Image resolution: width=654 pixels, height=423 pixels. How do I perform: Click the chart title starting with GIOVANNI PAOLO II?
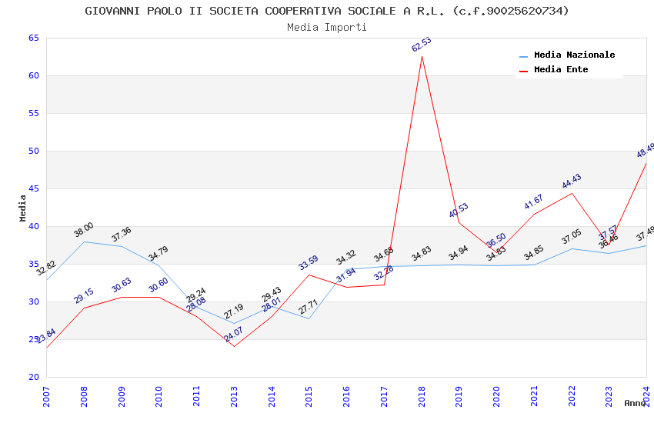click(x=327, y=11)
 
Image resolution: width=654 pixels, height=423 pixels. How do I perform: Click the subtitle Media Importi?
click(x=327, y=28)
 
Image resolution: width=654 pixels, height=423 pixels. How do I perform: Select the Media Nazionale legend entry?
click(x=574, y=55)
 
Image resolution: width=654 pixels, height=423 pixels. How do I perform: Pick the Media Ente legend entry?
click(x=561, y=70)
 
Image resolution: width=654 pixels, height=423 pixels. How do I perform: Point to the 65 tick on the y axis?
click(x=33, y=38)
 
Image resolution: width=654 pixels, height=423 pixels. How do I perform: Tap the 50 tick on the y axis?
click(x=33, y=152)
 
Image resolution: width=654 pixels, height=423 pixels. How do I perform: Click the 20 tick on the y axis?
click(x=33, y=377)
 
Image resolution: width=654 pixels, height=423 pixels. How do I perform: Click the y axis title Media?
click(x=23, y=208)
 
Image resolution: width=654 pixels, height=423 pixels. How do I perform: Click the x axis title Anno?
click(x=635, y=403)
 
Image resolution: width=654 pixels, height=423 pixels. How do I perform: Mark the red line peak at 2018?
click(x=422, y=56)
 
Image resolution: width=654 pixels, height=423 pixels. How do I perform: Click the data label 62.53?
click(x=421, y=45)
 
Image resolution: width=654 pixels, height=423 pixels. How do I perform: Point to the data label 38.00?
click(x=83, y=229)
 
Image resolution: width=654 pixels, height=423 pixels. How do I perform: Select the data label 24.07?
click(x=233, y=335)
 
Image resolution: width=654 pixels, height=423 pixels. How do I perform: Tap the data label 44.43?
click(x=572, y=182)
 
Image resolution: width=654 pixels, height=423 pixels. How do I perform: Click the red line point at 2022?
click(x=572, y=193)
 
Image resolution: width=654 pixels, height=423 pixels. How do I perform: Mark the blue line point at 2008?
click(x=84, y=241)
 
